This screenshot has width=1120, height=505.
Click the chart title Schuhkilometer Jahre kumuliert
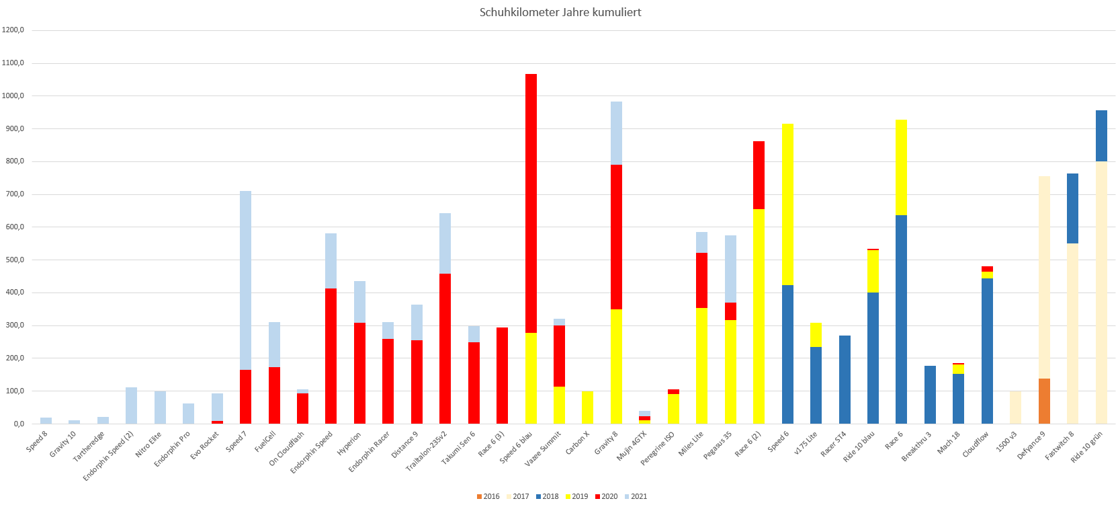(560, 12)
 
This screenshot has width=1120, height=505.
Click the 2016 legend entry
(488, 496)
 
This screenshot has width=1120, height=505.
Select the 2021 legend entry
(635, 496)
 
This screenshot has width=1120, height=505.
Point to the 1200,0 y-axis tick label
(13, 30)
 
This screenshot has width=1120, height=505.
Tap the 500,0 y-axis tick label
(13, 260)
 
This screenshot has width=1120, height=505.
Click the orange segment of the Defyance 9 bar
(1044, 401)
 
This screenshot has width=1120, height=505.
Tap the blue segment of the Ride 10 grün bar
(1101, 136)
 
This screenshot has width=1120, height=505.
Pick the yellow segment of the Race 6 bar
(901, 167)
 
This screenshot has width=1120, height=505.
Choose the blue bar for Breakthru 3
(930, 395)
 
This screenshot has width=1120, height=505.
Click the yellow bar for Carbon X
(587, 407)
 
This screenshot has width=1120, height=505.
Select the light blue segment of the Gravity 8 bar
(616, 133)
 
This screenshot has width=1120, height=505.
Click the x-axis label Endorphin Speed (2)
(110, 455)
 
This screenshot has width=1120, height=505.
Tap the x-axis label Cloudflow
(976, 444)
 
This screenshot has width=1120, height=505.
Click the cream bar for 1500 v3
(1015, 407)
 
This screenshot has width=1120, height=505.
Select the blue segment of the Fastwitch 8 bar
(1072, 208)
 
